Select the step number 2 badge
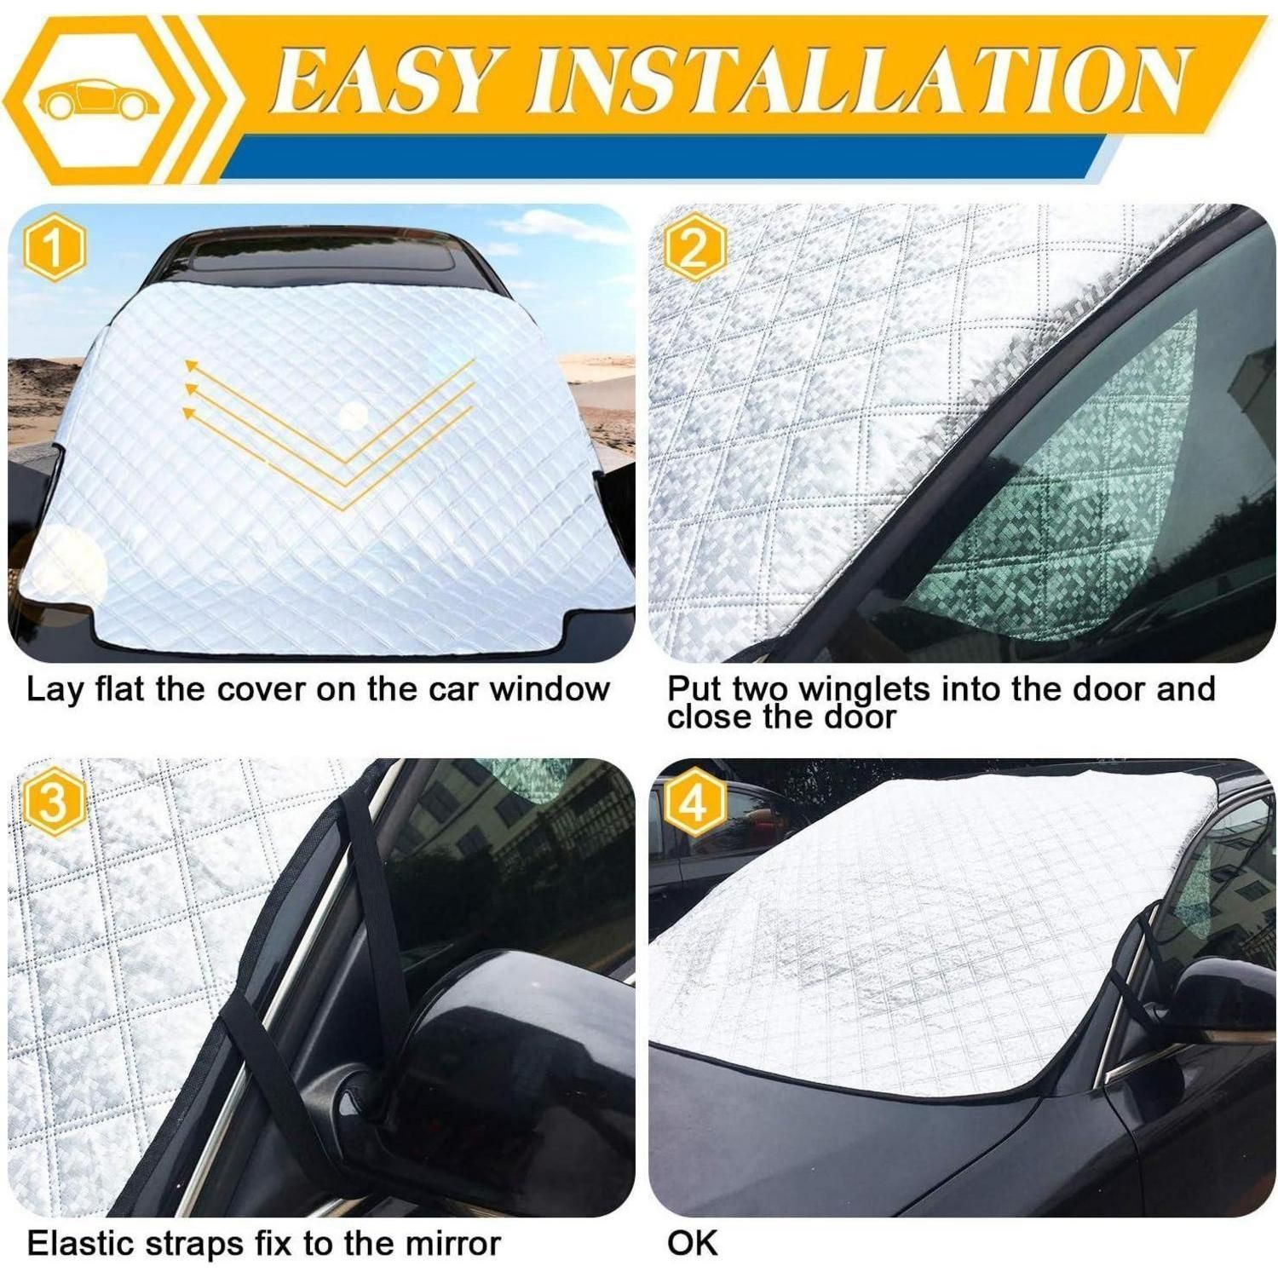694,250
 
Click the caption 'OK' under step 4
693,1243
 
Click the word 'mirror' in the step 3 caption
452,1244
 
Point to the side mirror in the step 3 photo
494,1048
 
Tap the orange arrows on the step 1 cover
328,430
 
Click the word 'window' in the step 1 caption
550,688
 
